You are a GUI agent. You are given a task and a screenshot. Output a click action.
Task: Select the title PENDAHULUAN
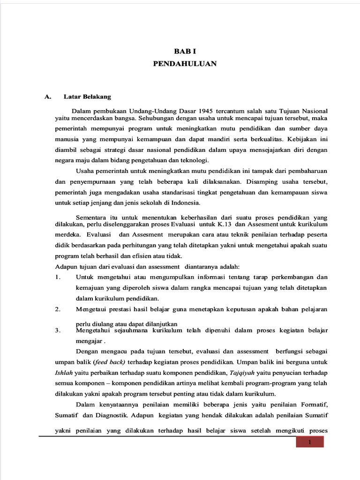click(x=185, y=64)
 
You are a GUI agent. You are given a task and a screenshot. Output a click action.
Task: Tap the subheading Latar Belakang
click(x=87, y=97)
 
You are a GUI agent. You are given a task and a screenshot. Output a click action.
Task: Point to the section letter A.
click(x=47, y=97)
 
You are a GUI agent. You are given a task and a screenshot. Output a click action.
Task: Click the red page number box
click(x=309, y=442)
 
